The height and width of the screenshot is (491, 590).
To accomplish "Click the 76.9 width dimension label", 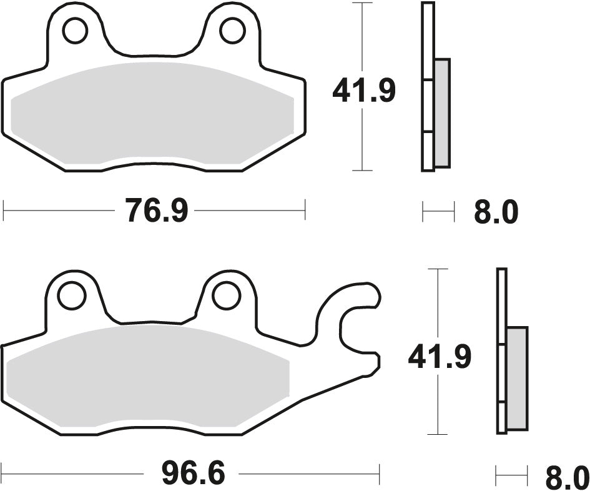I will (x=156, y=211).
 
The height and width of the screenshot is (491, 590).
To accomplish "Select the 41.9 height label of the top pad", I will (x=364, y=92).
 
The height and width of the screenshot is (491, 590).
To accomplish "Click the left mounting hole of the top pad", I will (x=75, y=31).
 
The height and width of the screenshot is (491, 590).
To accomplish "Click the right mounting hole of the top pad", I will (x=232, y=31).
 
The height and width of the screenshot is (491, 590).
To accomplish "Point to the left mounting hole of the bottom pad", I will (x=72, y=296).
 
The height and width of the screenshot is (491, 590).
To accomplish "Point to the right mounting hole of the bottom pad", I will (x=226, y=296).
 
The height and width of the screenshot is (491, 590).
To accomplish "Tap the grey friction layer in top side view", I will (x=441, y=112).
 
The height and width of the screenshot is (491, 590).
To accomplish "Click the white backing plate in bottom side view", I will (x=501, y=300).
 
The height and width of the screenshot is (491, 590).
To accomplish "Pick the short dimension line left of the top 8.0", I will (x=438, y=212).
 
